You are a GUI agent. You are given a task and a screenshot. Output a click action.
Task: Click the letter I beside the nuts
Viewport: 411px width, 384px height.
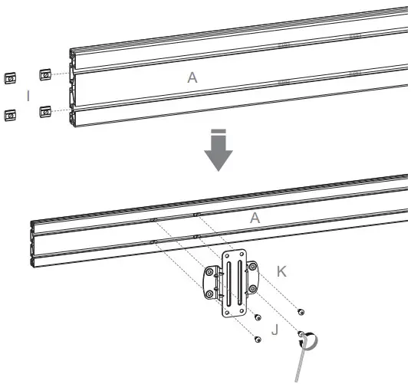click(x=28, y=95)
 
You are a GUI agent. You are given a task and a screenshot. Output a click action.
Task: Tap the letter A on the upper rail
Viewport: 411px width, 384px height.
click(x=193, y=77)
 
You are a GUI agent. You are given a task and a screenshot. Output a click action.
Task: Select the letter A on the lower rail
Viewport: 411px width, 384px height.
click(x=256, y=218)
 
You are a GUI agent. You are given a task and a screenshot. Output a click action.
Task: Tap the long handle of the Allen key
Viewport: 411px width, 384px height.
click(x=301, y=360)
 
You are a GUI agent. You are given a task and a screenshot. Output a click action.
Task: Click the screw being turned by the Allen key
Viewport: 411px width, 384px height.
click(x=303, y=335)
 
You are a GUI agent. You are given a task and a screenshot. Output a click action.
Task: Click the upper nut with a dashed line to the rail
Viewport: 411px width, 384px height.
click(x=45, y=74)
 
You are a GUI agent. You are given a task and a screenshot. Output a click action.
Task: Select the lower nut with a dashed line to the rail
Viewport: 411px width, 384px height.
click(x=45, y=110)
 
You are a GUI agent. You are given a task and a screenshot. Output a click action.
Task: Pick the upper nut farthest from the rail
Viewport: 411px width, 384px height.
click(x=11, y=77)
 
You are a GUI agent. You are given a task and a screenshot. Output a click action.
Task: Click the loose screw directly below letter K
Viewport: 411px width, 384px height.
click(x=300, y=312)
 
